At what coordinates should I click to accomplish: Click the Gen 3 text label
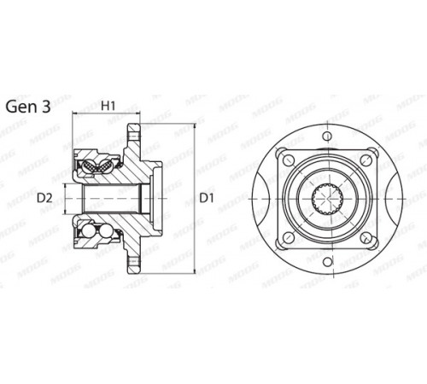point(28,107)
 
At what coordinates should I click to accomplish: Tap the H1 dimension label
point(108,106)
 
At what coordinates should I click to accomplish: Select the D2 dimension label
point(44,198)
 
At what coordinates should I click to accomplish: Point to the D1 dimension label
point(207,198)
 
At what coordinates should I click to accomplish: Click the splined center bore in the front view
point(327,199)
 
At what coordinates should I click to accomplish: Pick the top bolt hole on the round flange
point(327,136)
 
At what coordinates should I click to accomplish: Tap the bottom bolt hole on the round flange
point(327,261)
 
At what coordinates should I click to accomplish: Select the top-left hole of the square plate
point(289,160)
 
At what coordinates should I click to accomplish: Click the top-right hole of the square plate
point(366,160)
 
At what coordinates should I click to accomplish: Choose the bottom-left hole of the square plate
point(289,237)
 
